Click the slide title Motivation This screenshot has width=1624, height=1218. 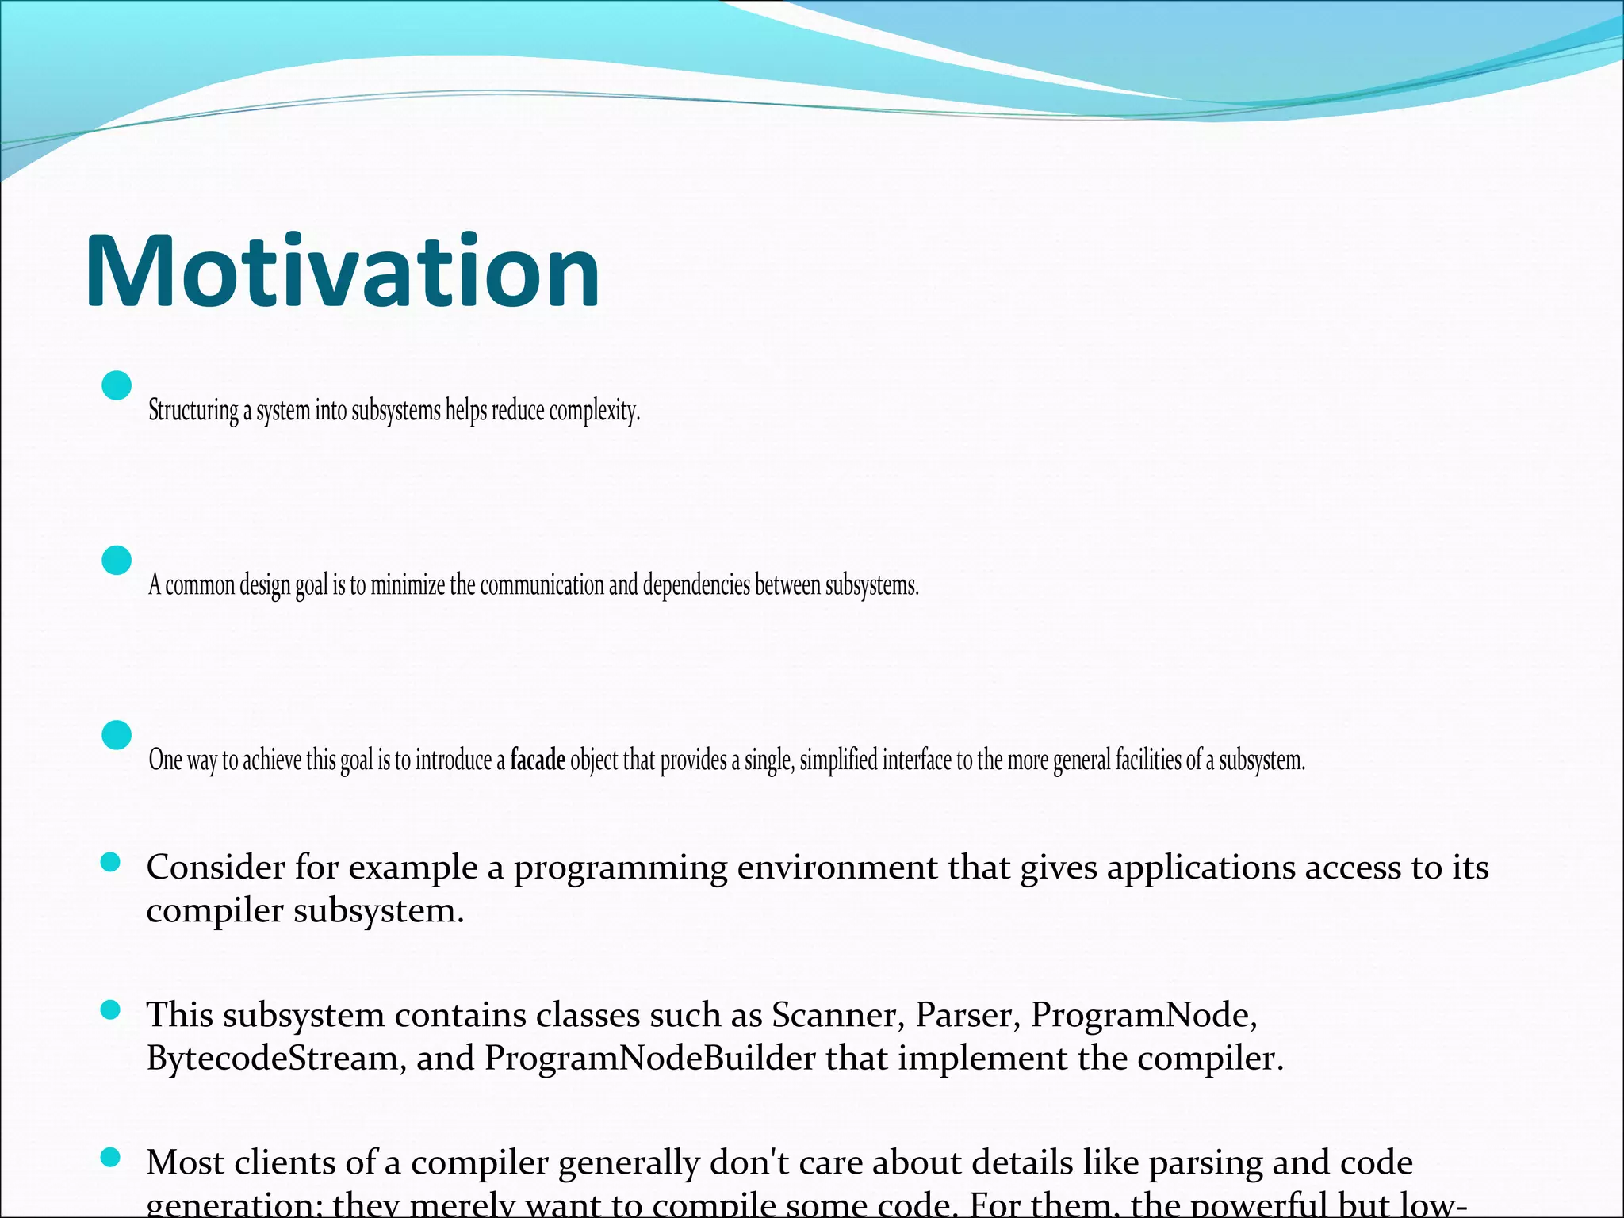(342, 271)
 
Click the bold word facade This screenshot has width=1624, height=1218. (538, 760)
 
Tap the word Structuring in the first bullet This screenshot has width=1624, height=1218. (193, 411)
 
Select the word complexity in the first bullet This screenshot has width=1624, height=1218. (594, 411)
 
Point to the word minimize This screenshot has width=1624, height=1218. (408, 585)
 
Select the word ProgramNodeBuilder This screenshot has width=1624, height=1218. (649, 1058)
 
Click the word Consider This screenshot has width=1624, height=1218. (216, 868)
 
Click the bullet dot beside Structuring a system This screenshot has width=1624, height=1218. (117, 386)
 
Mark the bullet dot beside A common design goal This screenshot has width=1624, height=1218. (117, 561)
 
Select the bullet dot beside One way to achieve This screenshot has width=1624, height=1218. (117, 735)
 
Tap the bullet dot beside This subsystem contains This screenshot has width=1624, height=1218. (111, 1009)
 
